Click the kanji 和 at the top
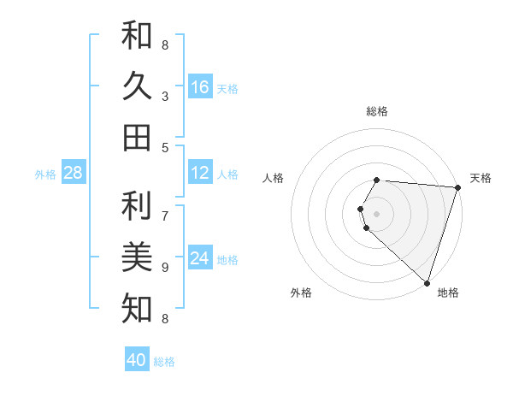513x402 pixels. pos(138,35)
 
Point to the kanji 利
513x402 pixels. pos(138,206)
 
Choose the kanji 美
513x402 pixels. pos(138,257)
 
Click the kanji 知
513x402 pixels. pos(138,307)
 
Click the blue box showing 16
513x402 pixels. pos(200,87)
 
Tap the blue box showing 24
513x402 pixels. pos(200,258)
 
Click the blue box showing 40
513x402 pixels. pos(137,360)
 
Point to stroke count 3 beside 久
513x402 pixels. pos(165,97)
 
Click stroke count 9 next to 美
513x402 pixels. pos(165,268)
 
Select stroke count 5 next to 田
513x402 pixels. pos(165,147)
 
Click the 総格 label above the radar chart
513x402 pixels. pos(377,111)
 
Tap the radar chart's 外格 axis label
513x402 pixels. pos(301,293)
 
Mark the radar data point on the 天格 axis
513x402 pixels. pos(457,187)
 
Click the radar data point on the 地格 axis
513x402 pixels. pos(427,282)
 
